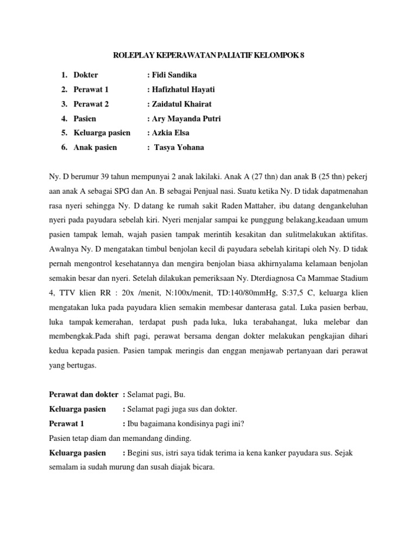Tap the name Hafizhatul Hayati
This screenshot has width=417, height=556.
pyautogui.click(x=181, y=90)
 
